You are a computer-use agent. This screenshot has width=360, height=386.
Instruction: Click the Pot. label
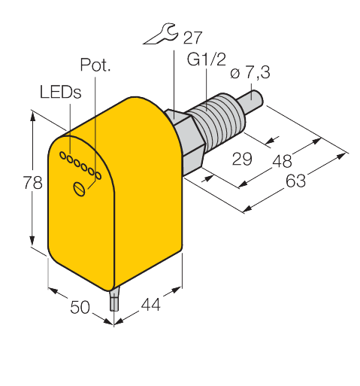(95, 66)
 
